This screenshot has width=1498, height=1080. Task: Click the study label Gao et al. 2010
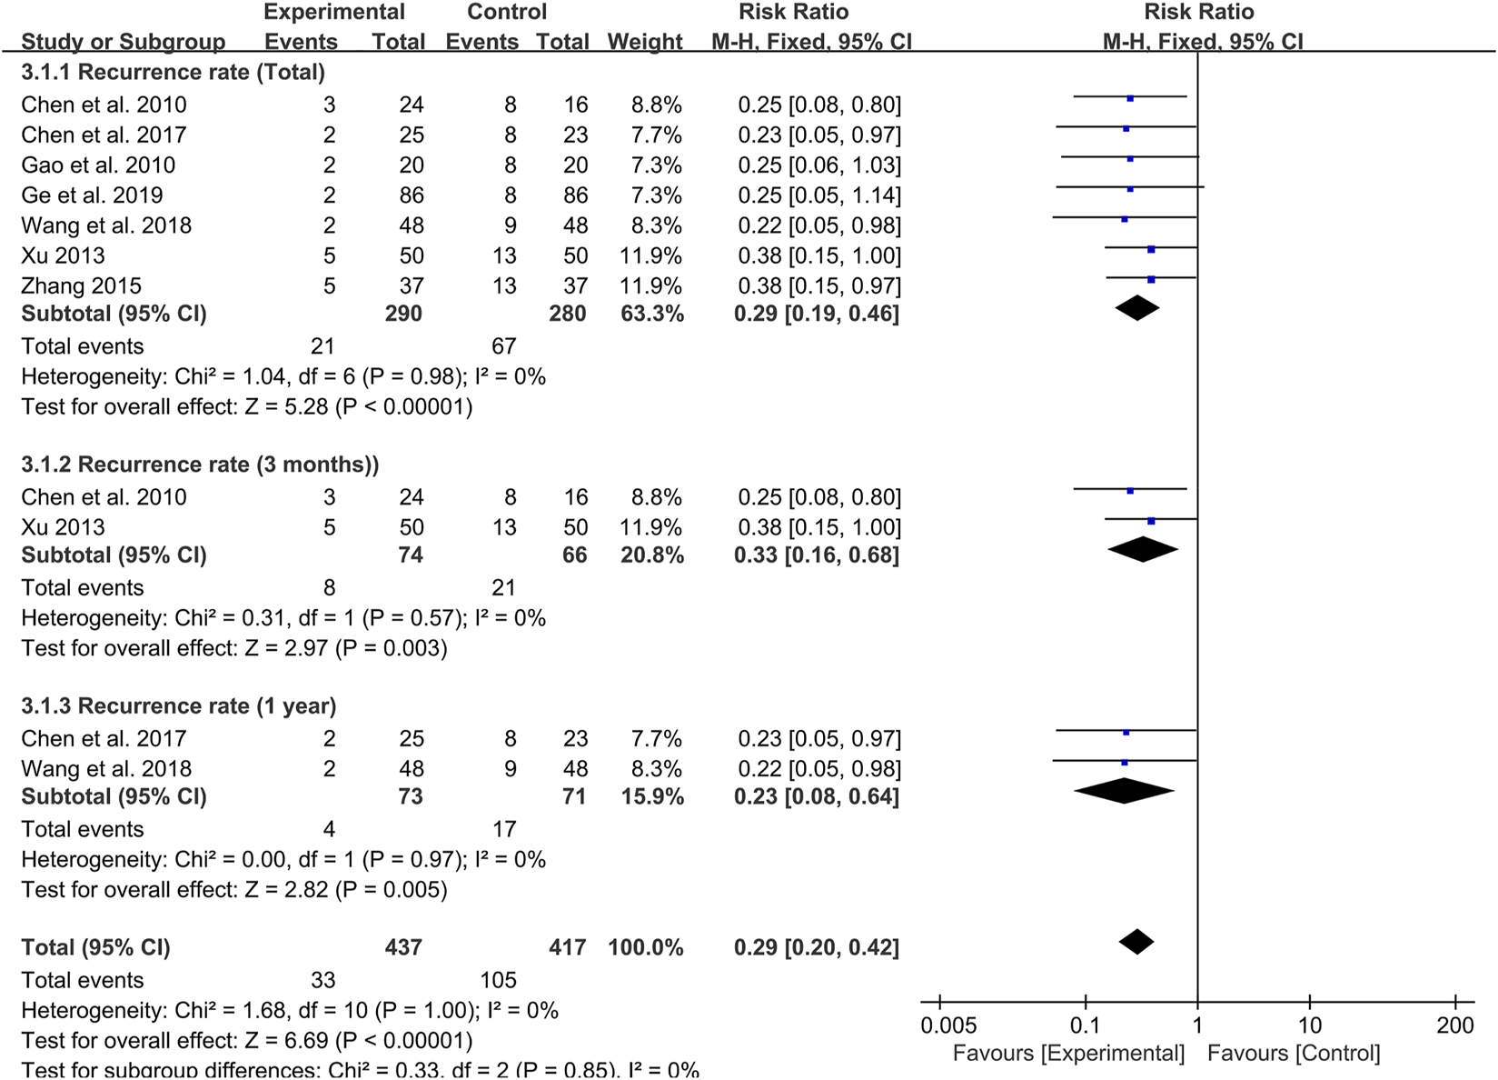[x=98, y=165]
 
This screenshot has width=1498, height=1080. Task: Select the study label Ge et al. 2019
[x=92, y=195]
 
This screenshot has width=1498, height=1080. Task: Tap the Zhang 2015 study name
[x=81, y=285]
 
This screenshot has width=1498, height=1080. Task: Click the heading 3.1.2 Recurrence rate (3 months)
[x=200, y=465]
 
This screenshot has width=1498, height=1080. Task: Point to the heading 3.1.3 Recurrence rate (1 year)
[x=179, y=706]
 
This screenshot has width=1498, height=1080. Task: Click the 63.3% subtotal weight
[x=644, y=314]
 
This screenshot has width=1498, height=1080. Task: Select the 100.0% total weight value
[x=645, y=947]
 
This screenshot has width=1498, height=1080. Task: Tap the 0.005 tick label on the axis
[x=948, y=1025]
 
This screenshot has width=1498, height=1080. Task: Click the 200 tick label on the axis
[x=1455, y=1025]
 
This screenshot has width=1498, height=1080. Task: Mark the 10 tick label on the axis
[x=1309, y=1025]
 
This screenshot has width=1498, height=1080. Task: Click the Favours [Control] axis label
[x=1294, y=1054]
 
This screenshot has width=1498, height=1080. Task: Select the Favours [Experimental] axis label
[x=1068, y=1054]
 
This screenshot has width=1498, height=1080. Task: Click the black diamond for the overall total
[x=1136, y=942]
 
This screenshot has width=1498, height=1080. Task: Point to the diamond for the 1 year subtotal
[x=1125, y=791]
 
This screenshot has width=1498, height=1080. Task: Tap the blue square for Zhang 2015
[x=1151, y=279]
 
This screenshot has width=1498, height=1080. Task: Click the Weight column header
[x=645, y=42]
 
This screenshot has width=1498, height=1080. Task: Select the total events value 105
[x=499, y=980]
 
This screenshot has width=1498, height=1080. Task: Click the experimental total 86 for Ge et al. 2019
[x=412, y=195]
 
